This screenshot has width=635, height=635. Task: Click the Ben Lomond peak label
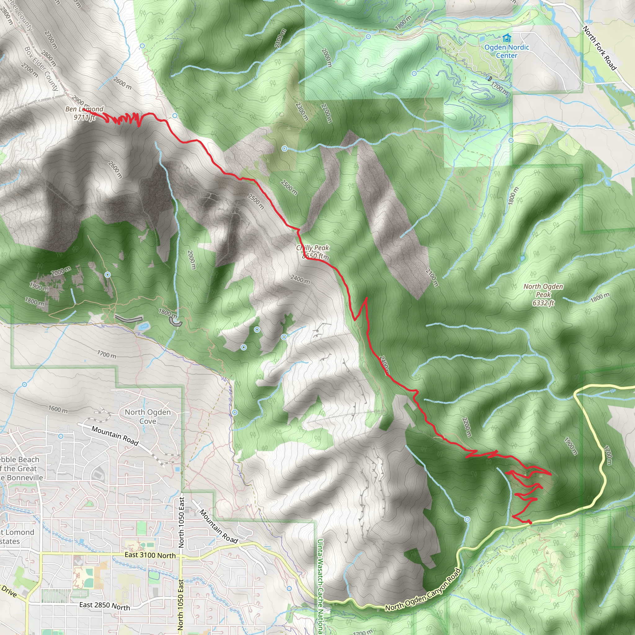click(84, 109)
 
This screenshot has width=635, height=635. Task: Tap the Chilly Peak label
click(312, 248)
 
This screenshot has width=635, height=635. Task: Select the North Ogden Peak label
click(543, 291)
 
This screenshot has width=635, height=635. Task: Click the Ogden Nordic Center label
click(507, 51)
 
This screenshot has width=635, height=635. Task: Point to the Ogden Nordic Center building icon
click(507, 38)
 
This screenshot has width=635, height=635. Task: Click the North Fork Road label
click(600, 48)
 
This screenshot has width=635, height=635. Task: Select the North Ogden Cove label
click(148, 416)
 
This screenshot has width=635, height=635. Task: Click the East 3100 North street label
click(150, 555)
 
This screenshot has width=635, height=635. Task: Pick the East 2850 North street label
click(104, 606)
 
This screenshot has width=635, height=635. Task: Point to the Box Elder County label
click(42, 68)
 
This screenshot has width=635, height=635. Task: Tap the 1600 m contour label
click(58, 409)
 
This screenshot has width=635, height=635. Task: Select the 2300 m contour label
click(301, 111)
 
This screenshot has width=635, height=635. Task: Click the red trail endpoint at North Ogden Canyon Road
click(530, 522)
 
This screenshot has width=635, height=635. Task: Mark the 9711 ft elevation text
click(84, 117)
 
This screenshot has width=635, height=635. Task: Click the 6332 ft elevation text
click(543, 303)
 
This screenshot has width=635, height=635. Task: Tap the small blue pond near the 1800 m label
click(143, 326)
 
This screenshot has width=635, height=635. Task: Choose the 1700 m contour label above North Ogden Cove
click(106, 354)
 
